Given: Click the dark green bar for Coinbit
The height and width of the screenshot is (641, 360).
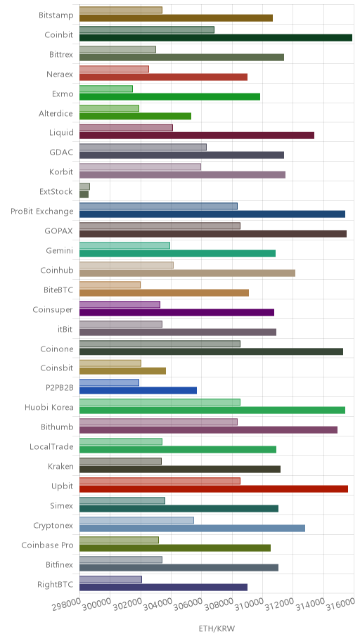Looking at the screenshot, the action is pos(216,38).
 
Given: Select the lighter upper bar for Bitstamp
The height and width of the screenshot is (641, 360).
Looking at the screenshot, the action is pos(121,11).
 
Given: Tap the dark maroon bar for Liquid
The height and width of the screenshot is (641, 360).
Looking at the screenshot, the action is pos(197,136).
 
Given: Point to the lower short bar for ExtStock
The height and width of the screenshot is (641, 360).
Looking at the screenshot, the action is pos(84,195).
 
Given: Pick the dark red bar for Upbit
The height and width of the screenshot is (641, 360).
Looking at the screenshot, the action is pos(214,489).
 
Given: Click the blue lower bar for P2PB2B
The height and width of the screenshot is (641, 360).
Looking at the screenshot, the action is pos(138,391).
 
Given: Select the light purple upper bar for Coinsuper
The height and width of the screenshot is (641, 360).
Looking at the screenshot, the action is pos(120,304).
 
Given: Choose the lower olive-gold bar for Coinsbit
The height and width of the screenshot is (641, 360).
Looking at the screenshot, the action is pos(122,371).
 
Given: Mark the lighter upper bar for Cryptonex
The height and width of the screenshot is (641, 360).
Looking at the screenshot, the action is pos(136,520).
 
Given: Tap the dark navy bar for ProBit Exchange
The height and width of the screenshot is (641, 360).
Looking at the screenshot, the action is pos(212,214).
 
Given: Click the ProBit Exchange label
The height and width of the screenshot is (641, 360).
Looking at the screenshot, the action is pos(42,212).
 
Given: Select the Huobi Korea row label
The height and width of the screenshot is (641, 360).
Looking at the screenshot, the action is pos(49,408).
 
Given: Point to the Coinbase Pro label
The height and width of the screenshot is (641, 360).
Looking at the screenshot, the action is pos(47,545).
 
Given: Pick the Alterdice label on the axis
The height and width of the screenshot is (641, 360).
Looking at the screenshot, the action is pos(56,114).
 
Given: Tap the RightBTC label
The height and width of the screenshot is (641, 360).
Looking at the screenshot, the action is pos(56,585).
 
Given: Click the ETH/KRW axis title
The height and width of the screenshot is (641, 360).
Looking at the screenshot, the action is pos(217,629).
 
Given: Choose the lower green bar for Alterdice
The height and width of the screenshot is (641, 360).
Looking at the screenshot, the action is pos(136,116).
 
